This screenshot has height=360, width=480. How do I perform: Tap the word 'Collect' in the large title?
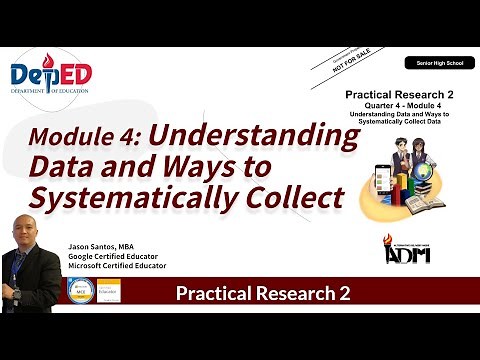coord(294,198)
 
